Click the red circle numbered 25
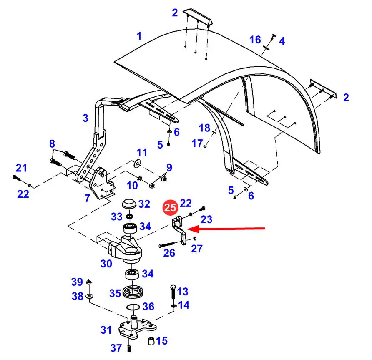click(x=170, y=208)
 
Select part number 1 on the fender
click(x=139, y=36)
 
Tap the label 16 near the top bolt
click(x=255, y=40)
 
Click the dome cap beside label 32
click(x=129, y=204)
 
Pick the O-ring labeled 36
click(x=133, y=307)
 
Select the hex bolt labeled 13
click(x=173, y=292)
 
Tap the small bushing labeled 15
click(x=151, y=341)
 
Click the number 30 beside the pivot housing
click(x=106, y=264)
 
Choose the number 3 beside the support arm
click(x=85, y=118)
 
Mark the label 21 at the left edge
click(x=21, y=168)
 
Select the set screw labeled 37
click(x=129, y=349)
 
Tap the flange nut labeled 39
click(x=89, y=282)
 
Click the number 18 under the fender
click(x=204, y=128)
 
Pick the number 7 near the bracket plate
click(x=87, y=198)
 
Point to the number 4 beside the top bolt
click(x=282, y=41)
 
